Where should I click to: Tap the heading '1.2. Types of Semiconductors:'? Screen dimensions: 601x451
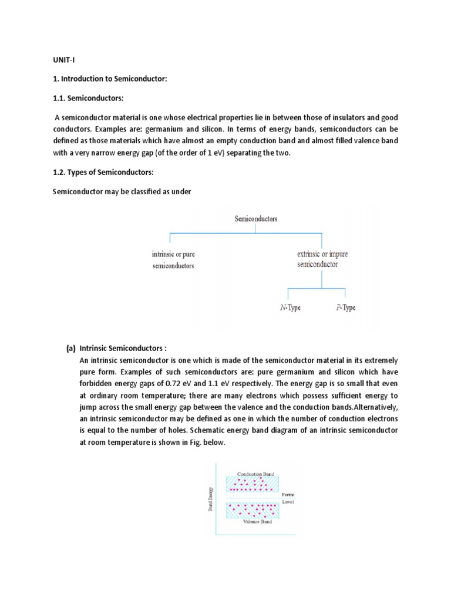(x=102, y=173)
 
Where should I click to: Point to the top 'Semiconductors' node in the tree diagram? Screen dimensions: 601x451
(x=256, y=219)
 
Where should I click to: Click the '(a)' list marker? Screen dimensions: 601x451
(x=71, y=348)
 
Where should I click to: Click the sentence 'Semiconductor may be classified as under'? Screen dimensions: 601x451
(x=122, y=191)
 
